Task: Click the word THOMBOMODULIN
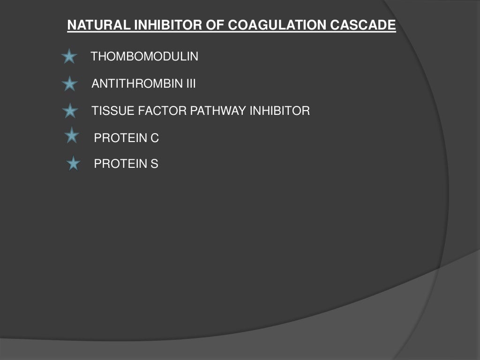(x=144, y=57)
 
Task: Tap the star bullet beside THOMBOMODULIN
(x=69, y=57)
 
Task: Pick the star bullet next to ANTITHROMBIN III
(x=69, y=84)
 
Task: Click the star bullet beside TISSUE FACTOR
(x=70, y=112)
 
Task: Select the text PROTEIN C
(x=127, y=138)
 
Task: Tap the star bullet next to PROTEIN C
(x=72, y=136)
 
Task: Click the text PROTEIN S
(x=126, y=164)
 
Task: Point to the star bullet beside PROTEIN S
(x=73, y=164)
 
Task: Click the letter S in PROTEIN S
(x=154, y=164)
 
